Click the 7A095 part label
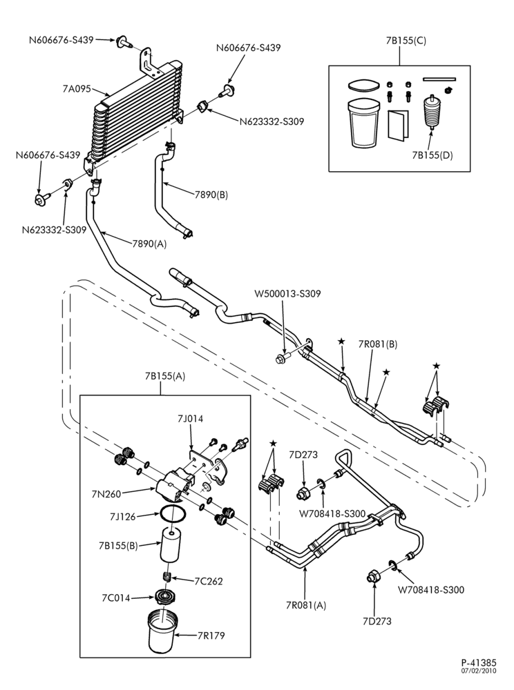point(77,89)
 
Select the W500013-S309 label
point(287,293)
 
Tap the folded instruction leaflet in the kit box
point(398,126)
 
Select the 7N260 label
point(106,494)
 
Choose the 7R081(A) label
point(305,604)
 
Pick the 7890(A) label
point(150,244)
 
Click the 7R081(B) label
point(377,344)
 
